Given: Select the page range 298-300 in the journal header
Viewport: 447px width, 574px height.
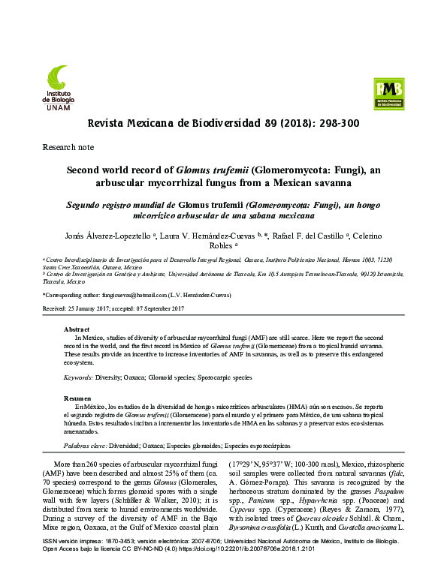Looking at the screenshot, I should tap(335, 123).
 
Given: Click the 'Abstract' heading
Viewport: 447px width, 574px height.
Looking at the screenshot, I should tap(77, 329).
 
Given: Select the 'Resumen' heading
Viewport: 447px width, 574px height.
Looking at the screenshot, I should tap(77, 398).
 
